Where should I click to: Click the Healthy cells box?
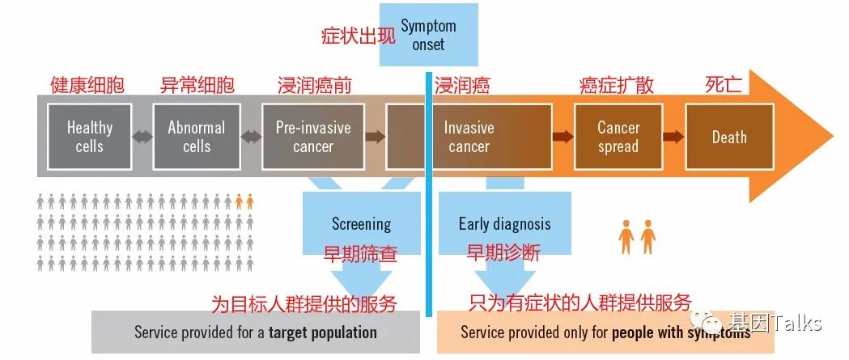(90, 137)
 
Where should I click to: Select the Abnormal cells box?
(197, 137)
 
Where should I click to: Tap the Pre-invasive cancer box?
(313, 137)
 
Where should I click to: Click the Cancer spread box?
(618, 137)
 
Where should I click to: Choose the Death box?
(728, 137)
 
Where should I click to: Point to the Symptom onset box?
(428, 35)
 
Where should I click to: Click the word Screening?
(361, 224)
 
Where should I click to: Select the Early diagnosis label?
(504, 224)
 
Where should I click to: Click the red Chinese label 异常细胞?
(197, 85)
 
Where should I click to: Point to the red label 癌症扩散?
(617, 85)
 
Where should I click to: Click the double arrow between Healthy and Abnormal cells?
(142, 137)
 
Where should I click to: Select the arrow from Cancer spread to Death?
(673, 137)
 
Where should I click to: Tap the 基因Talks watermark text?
(776, 324)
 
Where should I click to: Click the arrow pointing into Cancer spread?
(562, 137)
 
